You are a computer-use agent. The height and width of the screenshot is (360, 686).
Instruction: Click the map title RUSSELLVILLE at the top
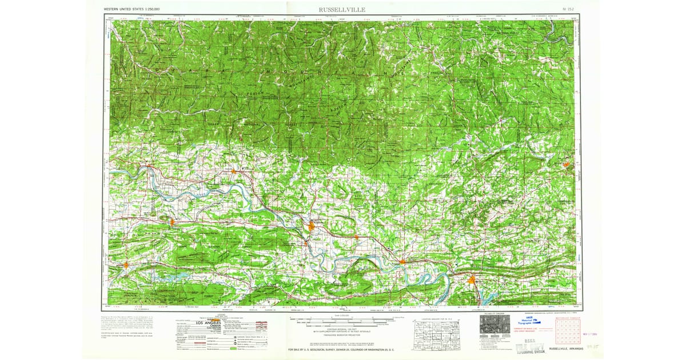(343, 10)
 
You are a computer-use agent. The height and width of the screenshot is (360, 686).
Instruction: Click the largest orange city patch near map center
(311, 226)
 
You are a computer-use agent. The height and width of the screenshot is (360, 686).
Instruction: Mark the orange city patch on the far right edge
(566, 165)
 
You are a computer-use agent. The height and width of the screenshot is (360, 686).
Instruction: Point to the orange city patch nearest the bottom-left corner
(126, 265)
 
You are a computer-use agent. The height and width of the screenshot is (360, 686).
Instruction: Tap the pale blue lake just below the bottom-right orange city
(486, 295)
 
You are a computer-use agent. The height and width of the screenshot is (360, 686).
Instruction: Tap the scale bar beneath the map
(342, 318)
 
